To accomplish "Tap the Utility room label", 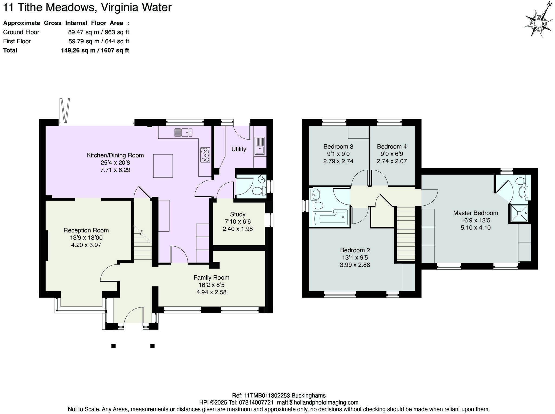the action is click(x=239, y=149).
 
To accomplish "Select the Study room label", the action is click(x=238, y=214).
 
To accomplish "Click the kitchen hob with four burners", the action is click(x=205, y=155).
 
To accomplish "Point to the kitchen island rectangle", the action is click(x=163, y=166).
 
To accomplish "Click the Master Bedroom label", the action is click(x=476, y=213).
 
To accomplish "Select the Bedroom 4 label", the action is click(x=392, y=147).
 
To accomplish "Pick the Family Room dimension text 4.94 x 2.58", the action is click(x=211, y=292).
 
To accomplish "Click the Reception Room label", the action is click(x=86, y=230).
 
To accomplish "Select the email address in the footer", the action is click(x=318, y=402).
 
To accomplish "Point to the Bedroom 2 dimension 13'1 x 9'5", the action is click(x=355, y=257).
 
